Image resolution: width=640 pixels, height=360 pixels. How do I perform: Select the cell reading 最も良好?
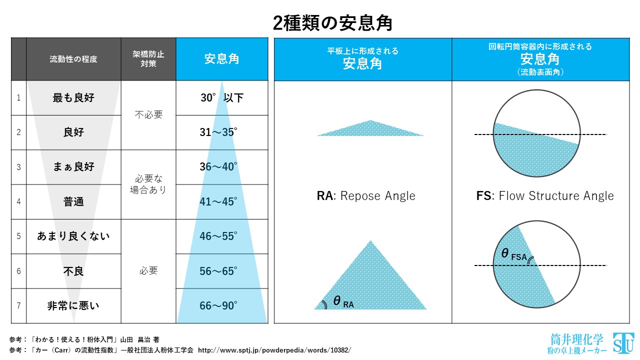(x=73, y=98)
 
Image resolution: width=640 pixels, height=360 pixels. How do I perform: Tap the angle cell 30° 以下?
(x=222, y=98)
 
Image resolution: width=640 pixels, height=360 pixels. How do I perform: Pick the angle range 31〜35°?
(x=218, y=132)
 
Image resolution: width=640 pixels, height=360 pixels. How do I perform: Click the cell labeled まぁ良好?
(x=73, y=167)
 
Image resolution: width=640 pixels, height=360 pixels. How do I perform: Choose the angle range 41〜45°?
(x=218, y=201)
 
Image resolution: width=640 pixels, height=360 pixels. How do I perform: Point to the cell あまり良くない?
(x=73, y=236)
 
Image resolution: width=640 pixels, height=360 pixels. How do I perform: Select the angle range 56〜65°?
(x=218, y=271)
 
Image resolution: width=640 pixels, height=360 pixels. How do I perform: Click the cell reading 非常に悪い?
(x=73, y=305)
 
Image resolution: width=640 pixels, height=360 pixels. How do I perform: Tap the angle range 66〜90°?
(x=218, y=305)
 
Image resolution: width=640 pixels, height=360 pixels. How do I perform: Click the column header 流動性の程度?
(x=73, y=59)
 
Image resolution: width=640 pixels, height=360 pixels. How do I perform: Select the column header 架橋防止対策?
(x=148, y=59)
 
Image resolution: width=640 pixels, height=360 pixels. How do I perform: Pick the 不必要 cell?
(x=148, y=115)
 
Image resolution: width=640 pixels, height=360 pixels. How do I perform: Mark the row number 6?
(x=18, y=271)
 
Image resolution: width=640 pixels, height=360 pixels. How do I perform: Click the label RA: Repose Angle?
(x=366, y=196)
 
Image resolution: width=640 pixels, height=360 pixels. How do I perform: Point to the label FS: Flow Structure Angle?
(x=545, y=196)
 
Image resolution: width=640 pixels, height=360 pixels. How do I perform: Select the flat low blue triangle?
(x=370, y=129)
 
